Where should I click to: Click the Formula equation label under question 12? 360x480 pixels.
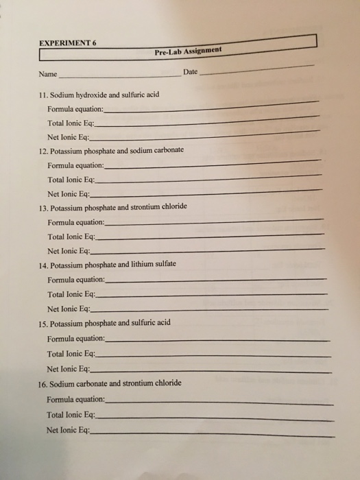point(75,166)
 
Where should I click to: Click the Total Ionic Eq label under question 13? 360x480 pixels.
point(71,237)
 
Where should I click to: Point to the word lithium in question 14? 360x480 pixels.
point(143,264)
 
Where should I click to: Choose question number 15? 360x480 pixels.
point(43,322)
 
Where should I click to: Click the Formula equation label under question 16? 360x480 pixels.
point(75,398)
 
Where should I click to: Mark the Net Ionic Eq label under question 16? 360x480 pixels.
point(68,430)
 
